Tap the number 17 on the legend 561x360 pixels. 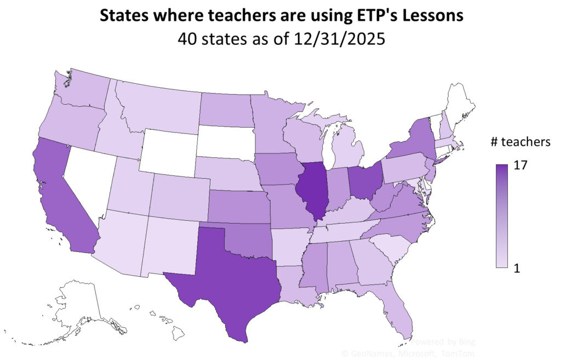click(520, 165)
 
